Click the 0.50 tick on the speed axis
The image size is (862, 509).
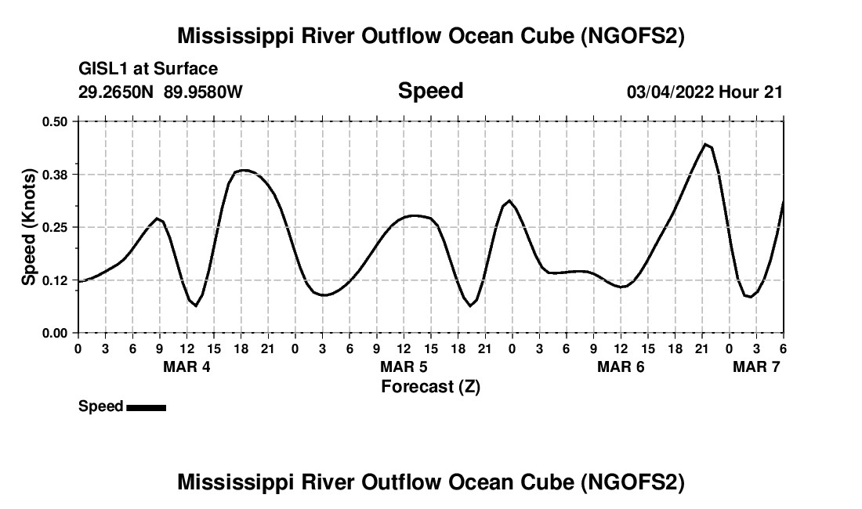55,121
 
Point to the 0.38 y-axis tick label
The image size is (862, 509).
55,174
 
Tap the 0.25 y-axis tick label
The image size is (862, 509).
55,227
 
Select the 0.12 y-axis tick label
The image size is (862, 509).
55,280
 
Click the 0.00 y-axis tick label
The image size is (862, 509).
55,334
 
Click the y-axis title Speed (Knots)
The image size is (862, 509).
28,227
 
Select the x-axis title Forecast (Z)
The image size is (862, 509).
430,386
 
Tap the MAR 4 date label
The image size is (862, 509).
187,366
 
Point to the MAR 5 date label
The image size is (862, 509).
404,366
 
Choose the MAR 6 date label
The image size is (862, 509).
621,366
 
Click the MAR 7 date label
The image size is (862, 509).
756,366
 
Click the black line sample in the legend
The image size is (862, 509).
146,407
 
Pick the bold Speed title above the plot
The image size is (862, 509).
430,91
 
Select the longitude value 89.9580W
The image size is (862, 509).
203,92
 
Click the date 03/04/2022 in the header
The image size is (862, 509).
670,92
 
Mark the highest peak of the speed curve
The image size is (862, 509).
705,144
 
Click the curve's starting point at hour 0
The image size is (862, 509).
78,281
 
